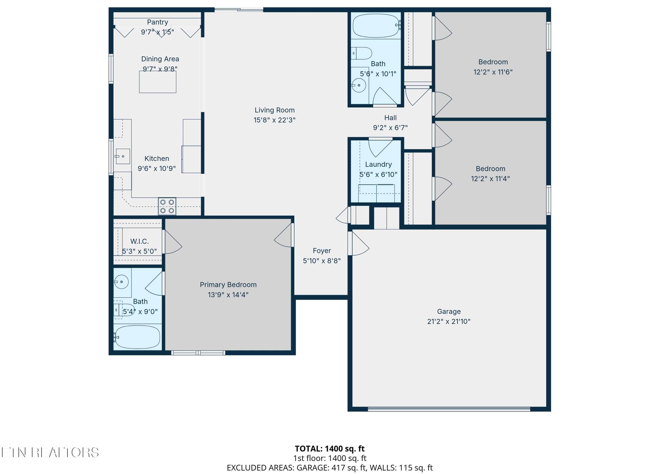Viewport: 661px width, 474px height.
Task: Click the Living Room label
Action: pos(275,110)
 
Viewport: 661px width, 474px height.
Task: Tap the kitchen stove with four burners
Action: pos(167,206)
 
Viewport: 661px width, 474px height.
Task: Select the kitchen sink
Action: pos(123,156)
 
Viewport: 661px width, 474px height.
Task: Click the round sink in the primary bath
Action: pos(121,282)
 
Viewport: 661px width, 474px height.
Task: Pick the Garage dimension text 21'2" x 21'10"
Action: pos(449,322)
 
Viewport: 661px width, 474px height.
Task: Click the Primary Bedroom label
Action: pos(228,285)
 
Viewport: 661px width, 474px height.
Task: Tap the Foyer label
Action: pos(322,251)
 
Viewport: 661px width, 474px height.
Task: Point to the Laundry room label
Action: pos(378,165)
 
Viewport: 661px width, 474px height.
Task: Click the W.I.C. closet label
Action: pos(139,241)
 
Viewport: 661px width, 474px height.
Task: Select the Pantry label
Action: pos(157,22)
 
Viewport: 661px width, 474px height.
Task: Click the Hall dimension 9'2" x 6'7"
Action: pos(390,128)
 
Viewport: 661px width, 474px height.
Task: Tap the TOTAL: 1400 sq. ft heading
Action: pos(330,448)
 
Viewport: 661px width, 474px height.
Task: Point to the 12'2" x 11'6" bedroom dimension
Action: pos(493,72)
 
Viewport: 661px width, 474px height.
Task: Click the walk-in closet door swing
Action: pos(172,242)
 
